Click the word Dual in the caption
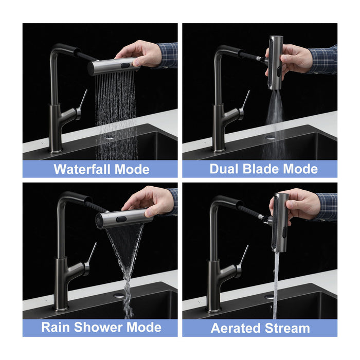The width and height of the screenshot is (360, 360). click(225, 169)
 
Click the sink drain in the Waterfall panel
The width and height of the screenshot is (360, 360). click(110, 137)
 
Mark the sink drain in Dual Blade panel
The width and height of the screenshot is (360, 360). click(269, 137)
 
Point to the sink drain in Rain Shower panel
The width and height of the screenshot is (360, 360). click(119, 296)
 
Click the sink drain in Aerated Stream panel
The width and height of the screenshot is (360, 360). click(269, 297)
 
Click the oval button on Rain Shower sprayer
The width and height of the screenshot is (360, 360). click(121, 219)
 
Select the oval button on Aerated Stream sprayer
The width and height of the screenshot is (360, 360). click(284, 232)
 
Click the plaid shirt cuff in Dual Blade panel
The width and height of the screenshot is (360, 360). click(323, 59)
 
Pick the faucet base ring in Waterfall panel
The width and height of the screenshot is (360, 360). click(56, 151)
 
